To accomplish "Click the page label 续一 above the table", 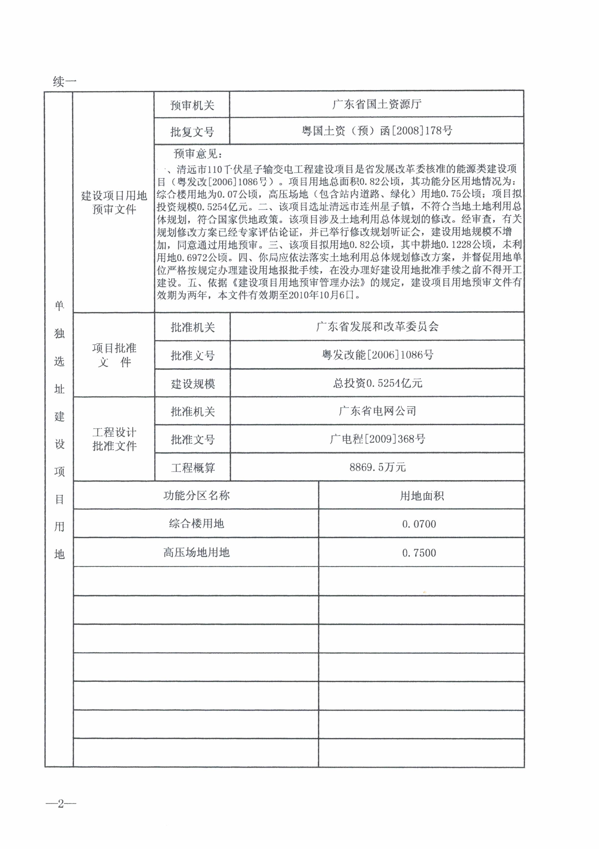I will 64,81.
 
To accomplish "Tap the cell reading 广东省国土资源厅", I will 376,105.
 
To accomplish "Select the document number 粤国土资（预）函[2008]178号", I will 376,131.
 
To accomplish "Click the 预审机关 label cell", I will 192,105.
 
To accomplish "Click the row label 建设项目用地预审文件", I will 114,202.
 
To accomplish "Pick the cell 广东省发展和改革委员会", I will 377,326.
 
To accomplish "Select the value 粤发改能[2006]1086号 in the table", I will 377,355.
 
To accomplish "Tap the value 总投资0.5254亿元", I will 377,383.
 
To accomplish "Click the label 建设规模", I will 193,384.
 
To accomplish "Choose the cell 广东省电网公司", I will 377,411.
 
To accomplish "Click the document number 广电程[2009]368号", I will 377,439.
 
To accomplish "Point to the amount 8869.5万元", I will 377,467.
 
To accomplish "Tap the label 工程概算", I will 193,468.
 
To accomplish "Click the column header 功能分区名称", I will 196,495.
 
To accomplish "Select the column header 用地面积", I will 422,496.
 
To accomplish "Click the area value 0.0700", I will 419,524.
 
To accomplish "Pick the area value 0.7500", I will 419,553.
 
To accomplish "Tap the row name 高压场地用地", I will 196,552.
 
